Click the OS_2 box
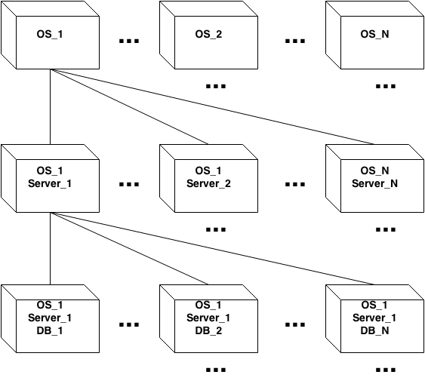(x=208, y=35)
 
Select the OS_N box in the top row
(x=374, y=35)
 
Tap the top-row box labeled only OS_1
(x=50, y=35)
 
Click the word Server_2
(x=208, y=183)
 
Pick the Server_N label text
(x=374, y=183)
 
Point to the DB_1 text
(x=50, y=330)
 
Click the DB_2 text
(x=208, y=330)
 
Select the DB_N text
(x=374, y=330)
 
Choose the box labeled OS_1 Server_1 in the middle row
(x=50, y=178)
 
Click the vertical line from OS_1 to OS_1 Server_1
(x=50, y=106)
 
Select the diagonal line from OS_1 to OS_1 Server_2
(x=129, y=106)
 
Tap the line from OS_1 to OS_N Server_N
(x=212, y=106)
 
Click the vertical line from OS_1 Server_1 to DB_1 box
(x=50, y=249)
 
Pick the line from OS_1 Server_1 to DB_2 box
(x=129, y=249)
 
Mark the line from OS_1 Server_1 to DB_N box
(x=212, y=249)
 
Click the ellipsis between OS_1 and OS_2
(x=129, y=41)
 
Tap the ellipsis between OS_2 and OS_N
(x=295, y=41)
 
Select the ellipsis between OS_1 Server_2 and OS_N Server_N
(x=295, y=184)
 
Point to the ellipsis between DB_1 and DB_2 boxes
(x=129, y=324)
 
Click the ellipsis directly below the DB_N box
(x=386, y=370)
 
